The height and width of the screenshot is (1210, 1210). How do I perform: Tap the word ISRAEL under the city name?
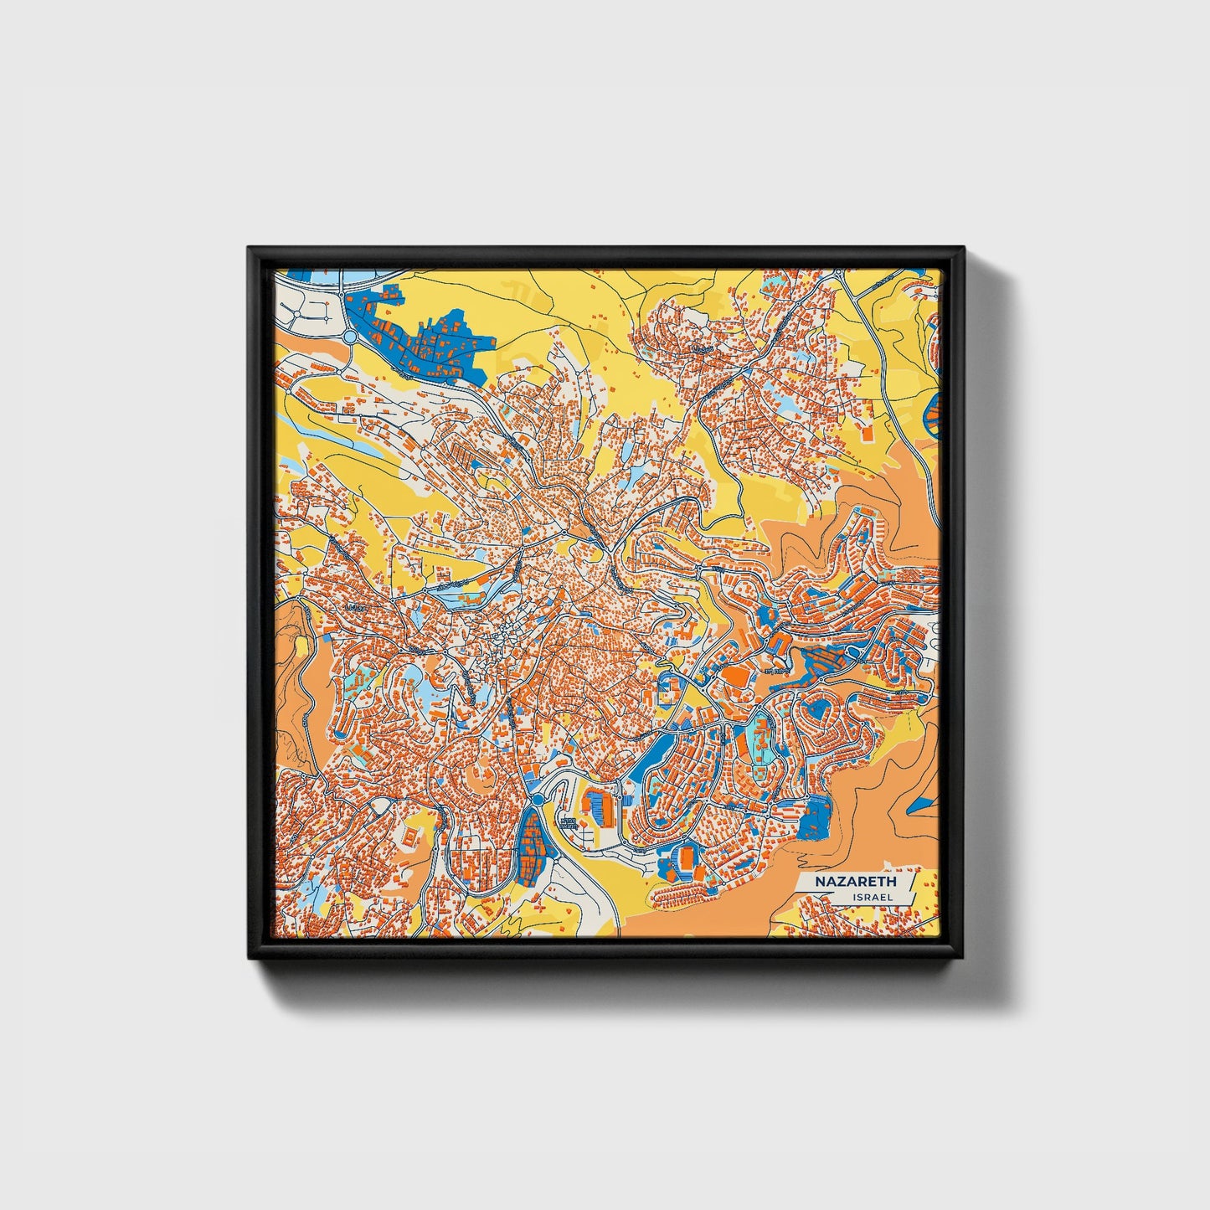[x=872, y=897]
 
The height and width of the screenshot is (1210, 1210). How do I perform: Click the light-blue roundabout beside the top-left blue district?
[x=348, y=337]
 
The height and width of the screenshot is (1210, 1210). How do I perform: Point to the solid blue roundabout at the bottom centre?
[x=536, y=801]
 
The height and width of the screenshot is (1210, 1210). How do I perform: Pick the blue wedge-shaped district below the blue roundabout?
[x=531, y=845]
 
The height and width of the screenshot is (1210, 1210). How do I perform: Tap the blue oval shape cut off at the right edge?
[x=934, y=415]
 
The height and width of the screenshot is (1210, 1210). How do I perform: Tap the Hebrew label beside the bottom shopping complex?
[x=569, y=821]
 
